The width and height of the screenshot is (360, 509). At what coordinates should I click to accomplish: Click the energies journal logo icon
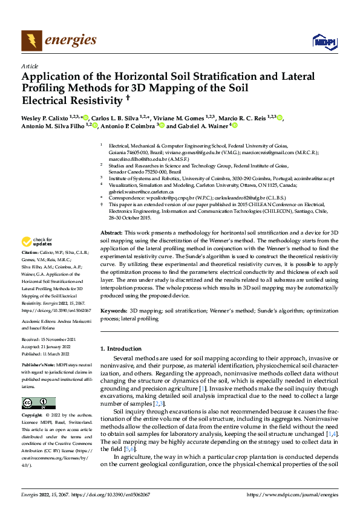(x=31, y=41)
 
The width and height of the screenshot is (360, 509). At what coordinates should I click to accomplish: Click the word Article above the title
(x=29, y=66)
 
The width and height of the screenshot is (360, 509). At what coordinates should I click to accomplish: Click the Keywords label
(x=114, y=310)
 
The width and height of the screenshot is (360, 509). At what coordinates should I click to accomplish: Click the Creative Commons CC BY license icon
(x=38, y=403)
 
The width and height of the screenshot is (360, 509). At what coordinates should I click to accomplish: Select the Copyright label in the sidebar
(x=31, y=416)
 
